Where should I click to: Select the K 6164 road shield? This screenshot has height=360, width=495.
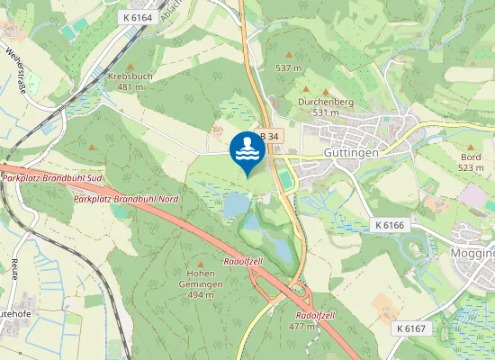pyautogui.click(x=137, y=17)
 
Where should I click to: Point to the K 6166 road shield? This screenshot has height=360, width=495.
pyautogui.click(x=390, y=224)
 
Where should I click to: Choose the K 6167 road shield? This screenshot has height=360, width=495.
pyautogui.click(x=410, y=329)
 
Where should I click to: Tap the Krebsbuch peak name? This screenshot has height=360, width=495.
pyautogui.click(x=130, y=76)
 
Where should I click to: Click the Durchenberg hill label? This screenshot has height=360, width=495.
pyautogui.click(x=325, y=102)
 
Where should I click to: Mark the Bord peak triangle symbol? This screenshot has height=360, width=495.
pyautogui.click(x=471, y=144)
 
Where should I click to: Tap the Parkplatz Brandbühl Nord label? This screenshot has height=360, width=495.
pyautogui.click(x=127, y=198)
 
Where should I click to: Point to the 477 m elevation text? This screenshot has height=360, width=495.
pyautogui.click(x=301, y=327)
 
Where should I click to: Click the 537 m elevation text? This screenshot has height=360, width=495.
pyautogui.click(x=288, y=67)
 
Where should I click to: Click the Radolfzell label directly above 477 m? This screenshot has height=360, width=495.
pyautogui.click(x=314, y=316)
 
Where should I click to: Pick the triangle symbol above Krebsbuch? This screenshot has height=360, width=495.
pyautogui.click(x=130, y=67)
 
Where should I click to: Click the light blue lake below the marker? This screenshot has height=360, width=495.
pyautogui.click(x=235, y=205)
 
